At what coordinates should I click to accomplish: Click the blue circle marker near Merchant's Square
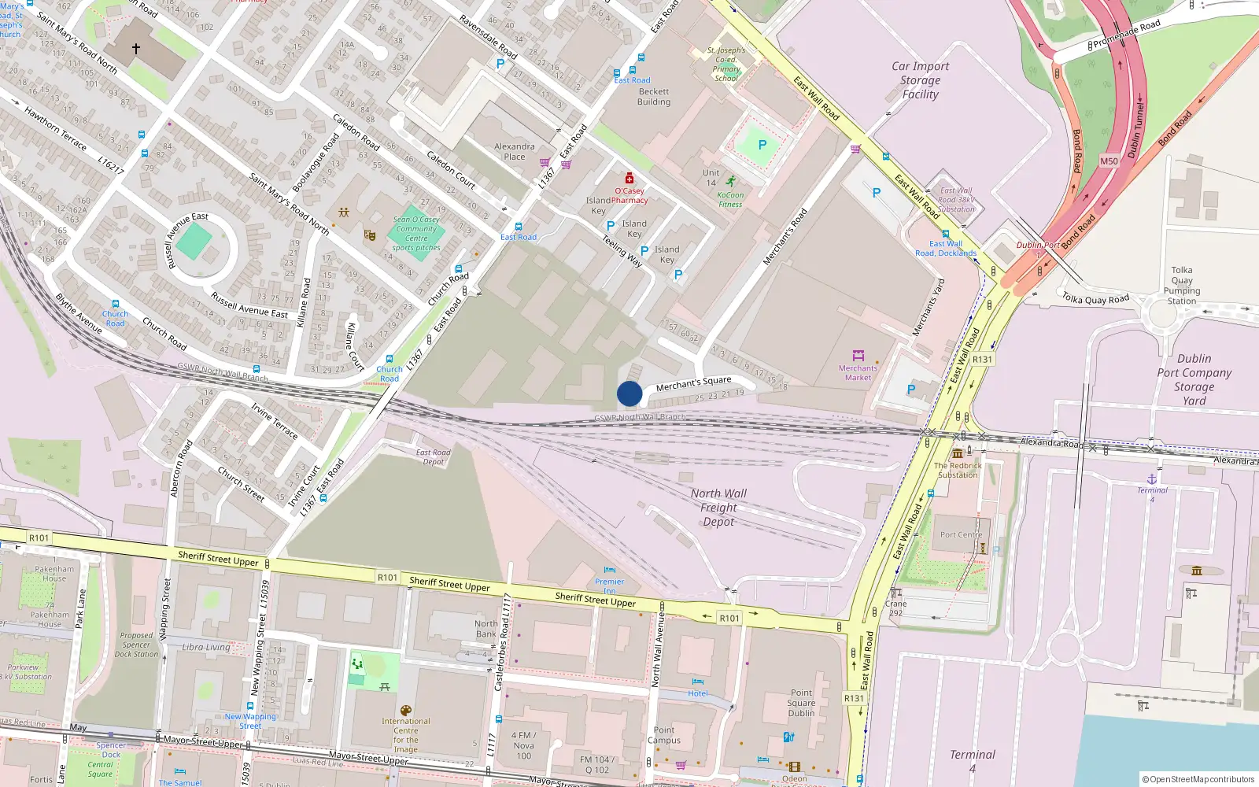point(629,393)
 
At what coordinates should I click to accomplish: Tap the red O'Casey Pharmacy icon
point(629,179)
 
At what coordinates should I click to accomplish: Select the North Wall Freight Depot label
point(718,508)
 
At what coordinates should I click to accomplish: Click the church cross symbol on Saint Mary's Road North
point(136,49)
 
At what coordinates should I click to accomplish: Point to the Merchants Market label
point(858,372)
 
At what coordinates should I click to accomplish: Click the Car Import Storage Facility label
point(920,80)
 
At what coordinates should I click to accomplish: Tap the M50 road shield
point(1109,161)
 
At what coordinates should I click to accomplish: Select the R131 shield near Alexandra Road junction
point(982,360)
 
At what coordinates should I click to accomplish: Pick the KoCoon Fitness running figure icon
point(731,182)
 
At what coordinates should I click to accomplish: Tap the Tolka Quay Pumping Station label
point(1181,285)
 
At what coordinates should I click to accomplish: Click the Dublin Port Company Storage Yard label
point(1194,379)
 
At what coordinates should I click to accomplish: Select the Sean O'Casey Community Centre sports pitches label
point(416,234)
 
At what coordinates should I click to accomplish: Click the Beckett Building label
point(654,97)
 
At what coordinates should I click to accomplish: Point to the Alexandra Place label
point(514,151)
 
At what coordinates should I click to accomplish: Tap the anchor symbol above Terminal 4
point(1152,478)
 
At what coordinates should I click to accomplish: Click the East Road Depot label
point(433,456)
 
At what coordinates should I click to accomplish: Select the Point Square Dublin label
point(801,703)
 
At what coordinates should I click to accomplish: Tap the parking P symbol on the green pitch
point(762,145)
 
